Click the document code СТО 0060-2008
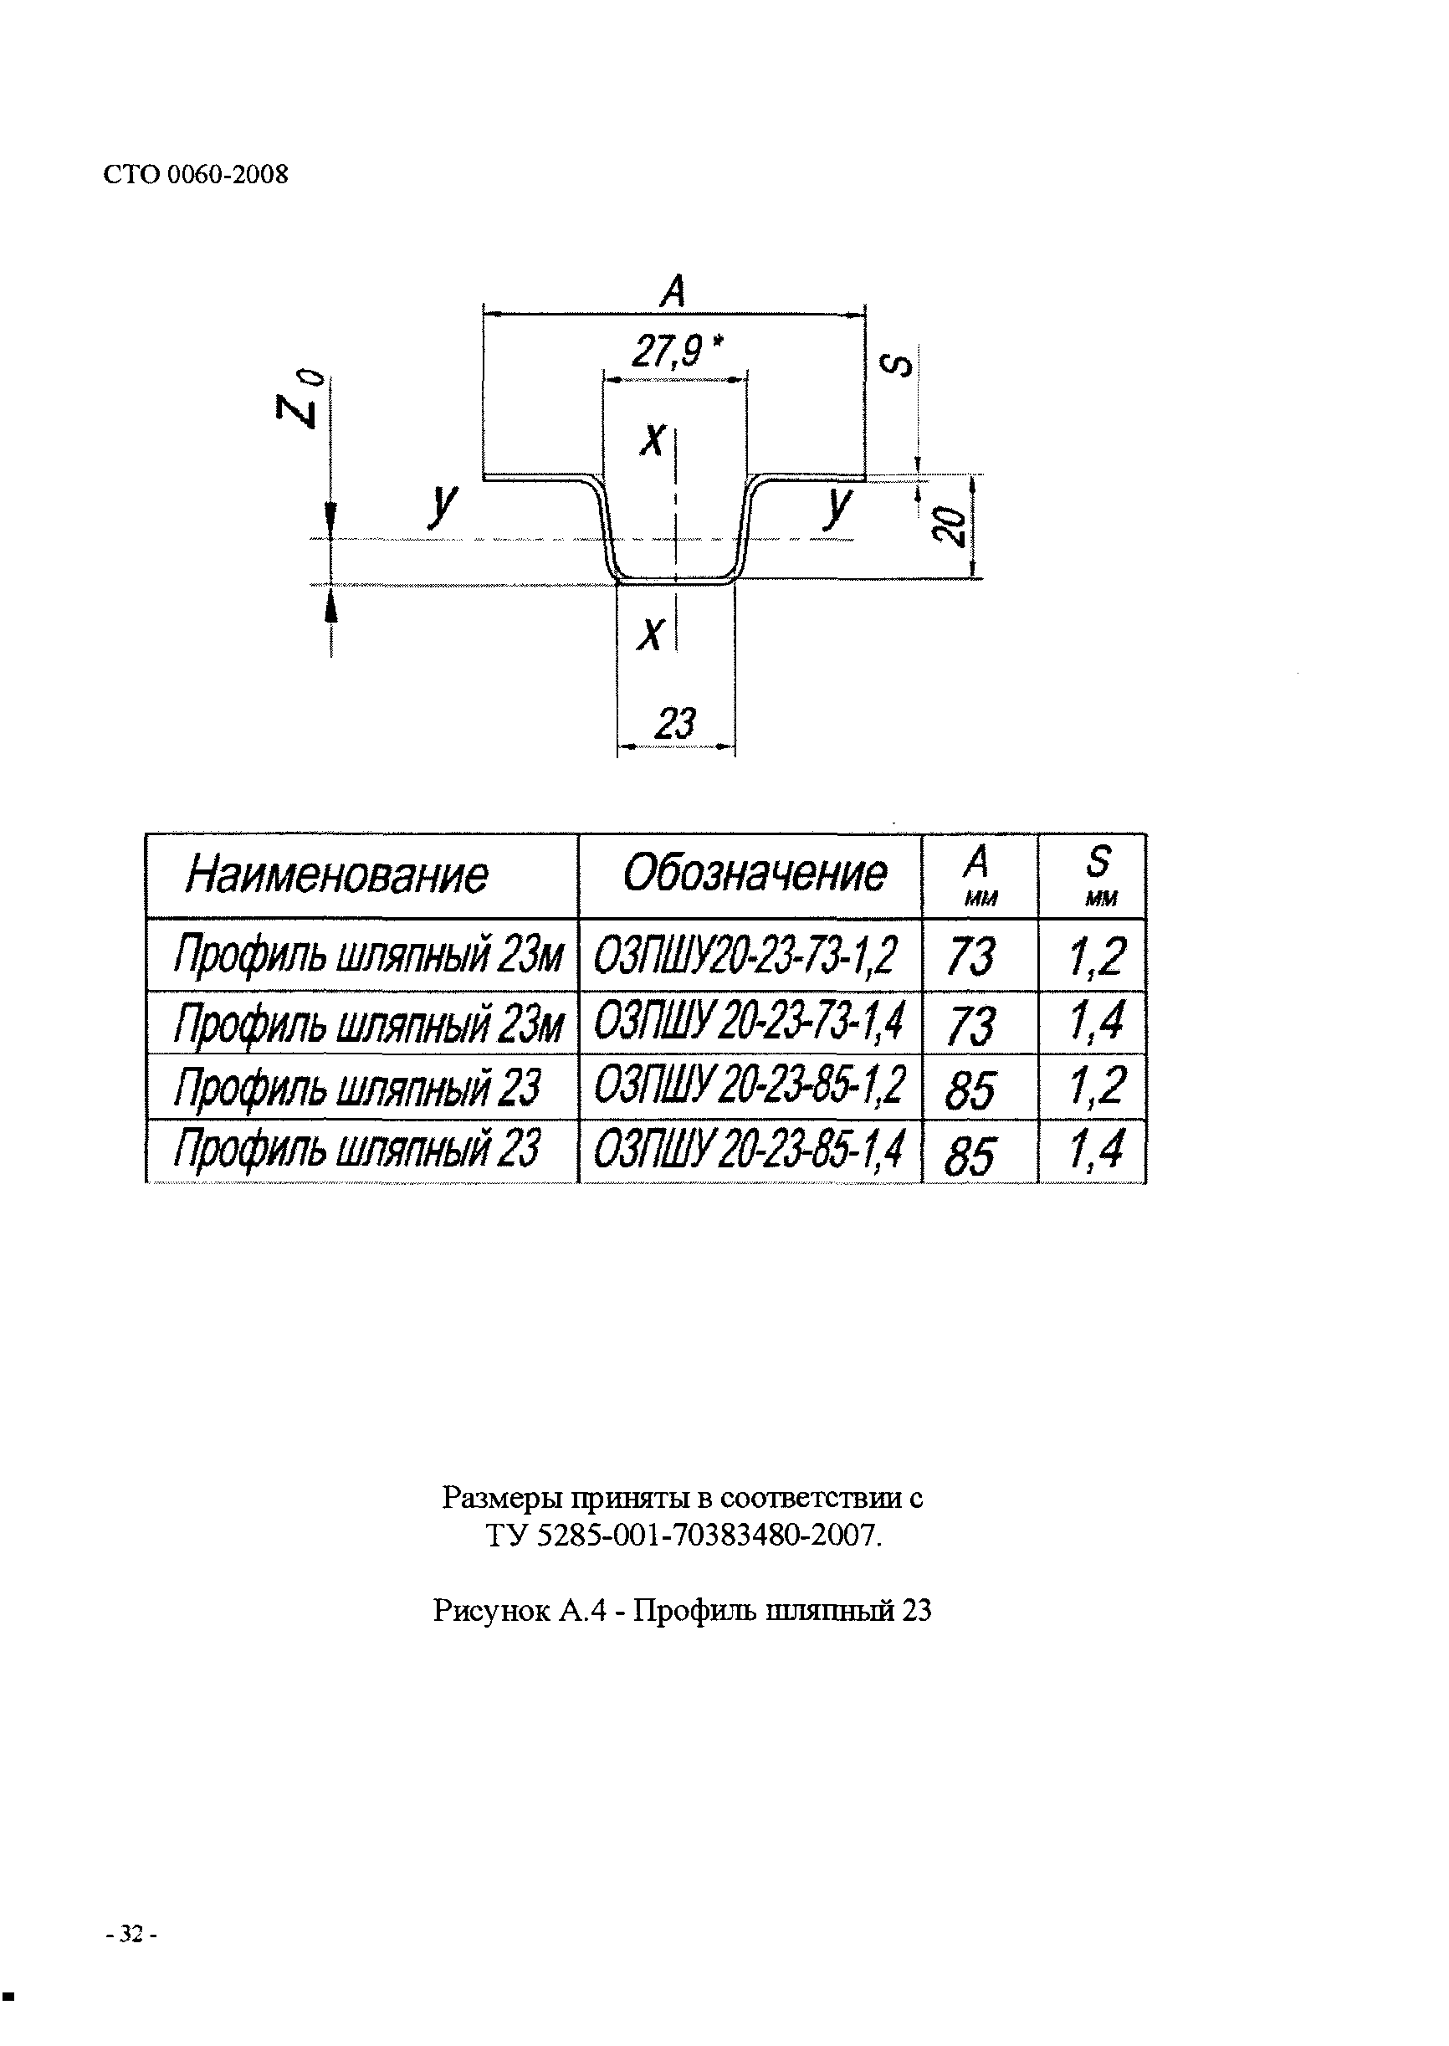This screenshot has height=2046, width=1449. pyautogui.click(x=197, y=174)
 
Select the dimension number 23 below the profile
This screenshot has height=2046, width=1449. pyautogui.click(x=674, y=723)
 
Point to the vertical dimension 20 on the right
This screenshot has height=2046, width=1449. pyautogui.click(x=950, y=526)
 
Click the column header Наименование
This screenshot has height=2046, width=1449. pyautogui.click(x=337, y=875)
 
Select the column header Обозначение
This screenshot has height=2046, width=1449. pyautogui.click(x=755, y=874)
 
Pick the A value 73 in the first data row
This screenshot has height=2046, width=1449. pyautogui.click(x=970, y=956)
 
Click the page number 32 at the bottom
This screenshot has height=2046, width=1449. pyautogui.click(x=131, y=1934)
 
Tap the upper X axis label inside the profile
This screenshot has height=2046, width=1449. pyautogui.click(x=653, y=440)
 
